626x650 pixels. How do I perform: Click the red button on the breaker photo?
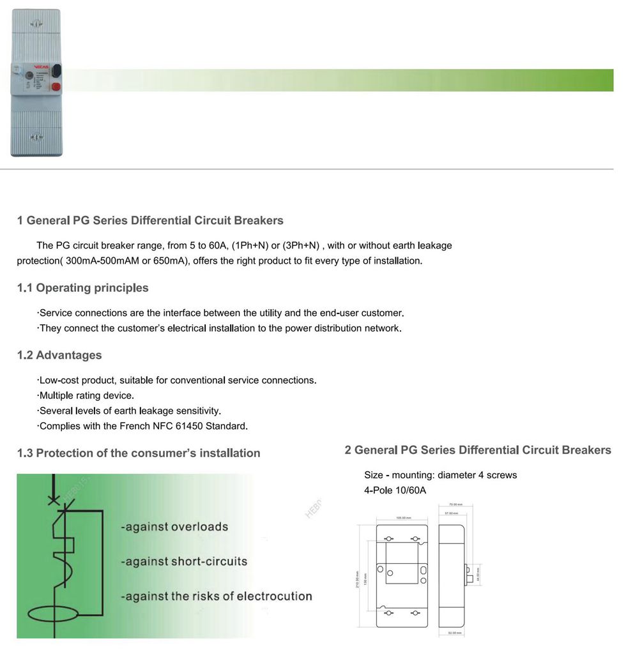click(x=55, y=86)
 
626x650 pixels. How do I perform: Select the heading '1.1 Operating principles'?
click(x=82, y=288)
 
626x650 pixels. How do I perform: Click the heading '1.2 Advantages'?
click(x=59, y=355)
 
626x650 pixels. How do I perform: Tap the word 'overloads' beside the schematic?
click(x=198, y=527)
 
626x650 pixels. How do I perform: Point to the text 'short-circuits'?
click(x=209, y=561)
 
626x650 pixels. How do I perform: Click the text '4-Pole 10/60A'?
click(x=395, y=490)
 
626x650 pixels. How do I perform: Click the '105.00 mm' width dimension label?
click(x=402, y=518)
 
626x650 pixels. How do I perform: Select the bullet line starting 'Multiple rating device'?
click(x=86, y=395)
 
